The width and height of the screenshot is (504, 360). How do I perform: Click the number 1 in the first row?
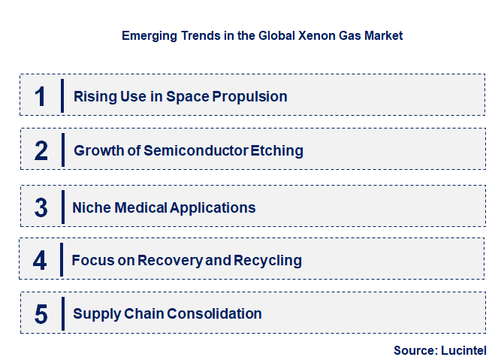click(x=41, y=96)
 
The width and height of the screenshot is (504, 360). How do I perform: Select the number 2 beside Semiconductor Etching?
click(x=41, y=150)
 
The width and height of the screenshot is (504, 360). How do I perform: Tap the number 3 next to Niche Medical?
click(x=41, y=207)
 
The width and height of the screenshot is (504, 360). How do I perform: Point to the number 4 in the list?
click(x=41, y=261)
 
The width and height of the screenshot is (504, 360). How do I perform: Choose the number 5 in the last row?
click(x=41, y=314)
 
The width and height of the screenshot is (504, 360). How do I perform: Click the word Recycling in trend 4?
click(x=267, y=261)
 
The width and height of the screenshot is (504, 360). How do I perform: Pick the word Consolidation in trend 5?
click(x=216, y=314)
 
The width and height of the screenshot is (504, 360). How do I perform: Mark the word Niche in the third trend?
click(x=89, y=208)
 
